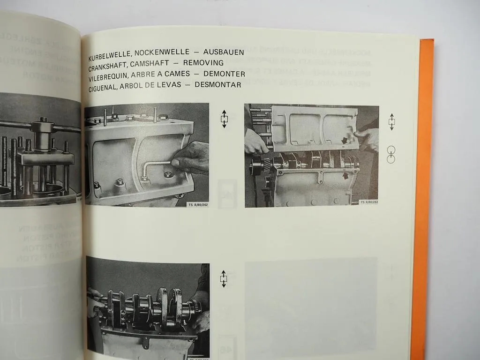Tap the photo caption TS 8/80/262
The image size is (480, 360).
pyautogui.click(x=197, y=204)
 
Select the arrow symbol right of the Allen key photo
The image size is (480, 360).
pyautogui.click(x=224, y=119)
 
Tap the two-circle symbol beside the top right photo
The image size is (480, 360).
pyautogui.click(x=391, y=154)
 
